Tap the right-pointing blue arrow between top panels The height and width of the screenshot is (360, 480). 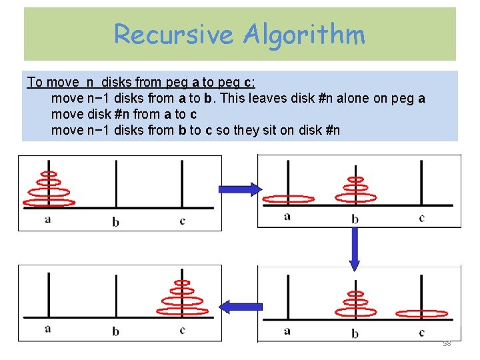coord(240,189)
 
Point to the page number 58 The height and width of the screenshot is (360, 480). coord(447,343)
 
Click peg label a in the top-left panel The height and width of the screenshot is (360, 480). coord(48,219)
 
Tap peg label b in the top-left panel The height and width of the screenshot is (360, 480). coord(116,221)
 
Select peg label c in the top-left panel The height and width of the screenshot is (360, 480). coord(182,221)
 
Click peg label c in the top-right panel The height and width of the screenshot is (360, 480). coord(421,217)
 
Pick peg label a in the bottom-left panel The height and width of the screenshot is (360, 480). coord(48,328)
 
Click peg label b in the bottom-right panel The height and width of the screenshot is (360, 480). coord(355,333)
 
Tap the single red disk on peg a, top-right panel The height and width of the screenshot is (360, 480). coord(288,198)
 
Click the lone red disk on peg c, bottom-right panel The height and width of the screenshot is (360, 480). coord(421,313)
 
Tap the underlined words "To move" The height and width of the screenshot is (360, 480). coord(52,82)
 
